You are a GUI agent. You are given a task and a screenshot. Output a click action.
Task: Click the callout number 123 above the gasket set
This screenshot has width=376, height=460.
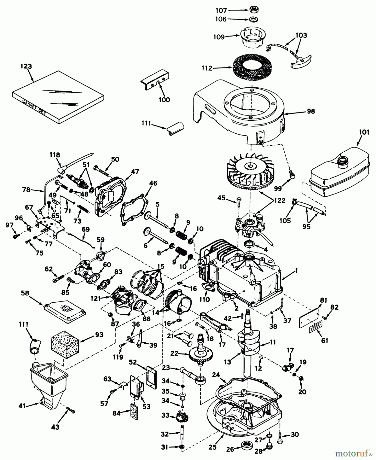[26, 66]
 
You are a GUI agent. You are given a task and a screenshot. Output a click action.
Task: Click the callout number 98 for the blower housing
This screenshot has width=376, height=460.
[311, 111]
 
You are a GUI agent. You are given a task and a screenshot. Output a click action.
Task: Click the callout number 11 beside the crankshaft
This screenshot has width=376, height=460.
[273, 342]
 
